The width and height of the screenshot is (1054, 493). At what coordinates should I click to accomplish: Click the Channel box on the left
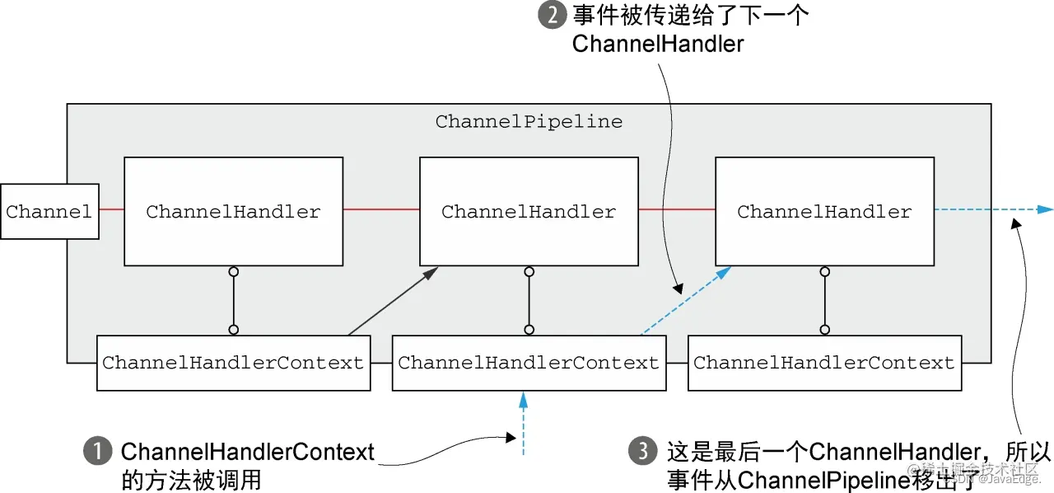coord(49,212)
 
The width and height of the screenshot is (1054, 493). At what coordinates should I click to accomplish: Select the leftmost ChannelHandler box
coord(233,212)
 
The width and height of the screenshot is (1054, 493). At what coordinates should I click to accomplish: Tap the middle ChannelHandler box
coord(529,212)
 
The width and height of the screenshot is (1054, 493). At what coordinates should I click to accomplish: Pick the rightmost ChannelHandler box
coord(824,212)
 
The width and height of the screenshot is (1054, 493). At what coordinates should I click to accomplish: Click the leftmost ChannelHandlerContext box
coord(233,363)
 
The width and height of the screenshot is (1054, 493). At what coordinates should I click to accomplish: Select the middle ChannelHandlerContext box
coord(529,363)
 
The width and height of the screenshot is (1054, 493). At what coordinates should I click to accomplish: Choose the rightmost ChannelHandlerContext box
coord(824,363)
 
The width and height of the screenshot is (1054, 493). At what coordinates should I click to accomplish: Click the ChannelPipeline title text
coord(529,122)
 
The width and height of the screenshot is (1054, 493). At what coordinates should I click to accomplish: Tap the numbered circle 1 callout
coord(97,452)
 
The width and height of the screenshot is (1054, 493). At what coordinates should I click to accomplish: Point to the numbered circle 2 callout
coord(552,16)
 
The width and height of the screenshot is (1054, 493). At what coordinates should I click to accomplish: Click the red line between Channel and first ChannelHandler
coord(111,210)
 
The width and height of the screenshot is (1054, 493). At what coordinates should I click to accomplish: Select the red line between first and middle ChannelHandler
coord(381,210)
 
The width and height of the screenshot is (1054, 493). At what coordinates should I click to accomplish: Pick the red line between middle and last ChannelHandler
coord(676,210)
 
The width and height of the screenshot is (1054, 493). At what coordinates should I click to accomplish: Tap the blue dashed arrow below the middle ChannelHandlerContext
coord(522,425)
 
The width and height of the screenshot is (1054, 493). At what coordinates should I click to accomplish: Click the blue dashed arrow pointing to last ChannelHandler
coord(685,302)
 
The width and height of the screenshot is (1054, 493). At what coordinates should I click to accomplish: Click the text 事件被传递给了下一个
coord(690,16)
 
